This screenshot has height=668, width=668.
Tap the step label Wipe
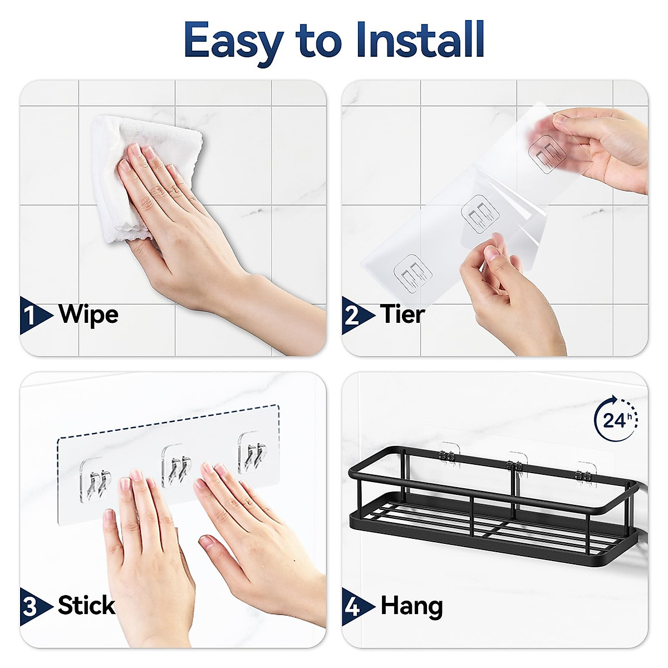click(89, 315)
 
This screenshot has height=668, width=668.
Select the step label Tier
click(402, 315)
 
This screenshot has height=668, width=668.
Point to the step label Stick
click(86, 605)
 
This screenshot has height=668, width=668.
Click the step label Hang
click(411, 606)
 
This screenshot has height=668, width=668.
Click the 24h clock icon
click(616, 419)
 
